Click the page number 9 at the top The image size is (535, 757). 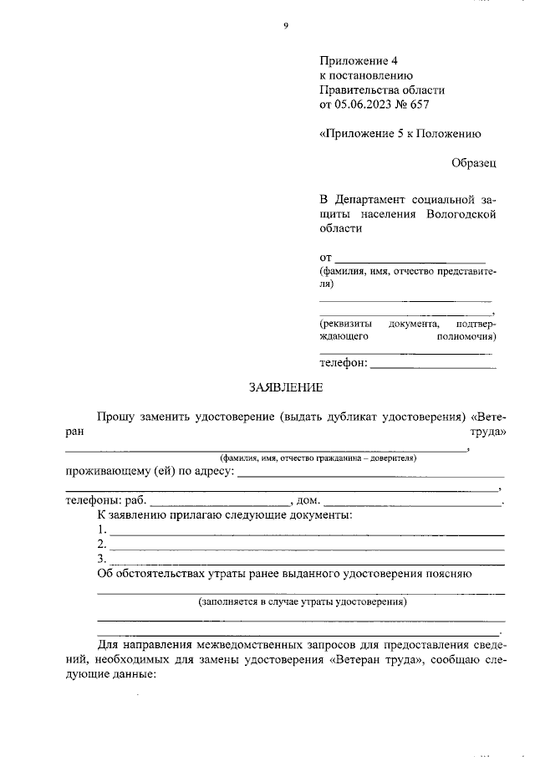pos(286,26)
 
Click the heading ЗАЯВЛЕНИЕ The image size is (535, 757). pos(285,387)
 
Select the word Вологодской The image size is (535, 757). pos(461,213)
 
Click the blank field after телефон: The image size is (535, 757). pos(432,364)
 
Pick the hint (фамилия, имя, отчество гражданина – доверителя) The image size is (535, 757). pos(318,458)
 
